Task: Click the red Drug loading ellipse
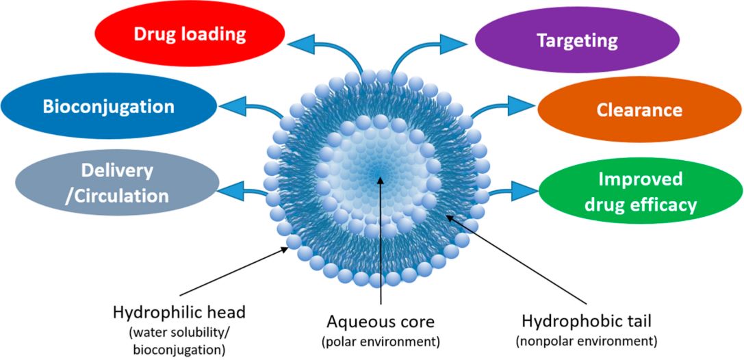coord(189,35)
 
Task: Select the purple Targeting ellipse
coord(576,40)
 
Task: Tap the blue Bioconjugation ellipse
coord(108,107)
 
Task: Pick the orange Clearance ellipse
coord(638,110)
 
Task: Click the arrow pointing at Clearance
coord(503,107)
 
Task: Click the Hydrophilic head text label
coord(179,312)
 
